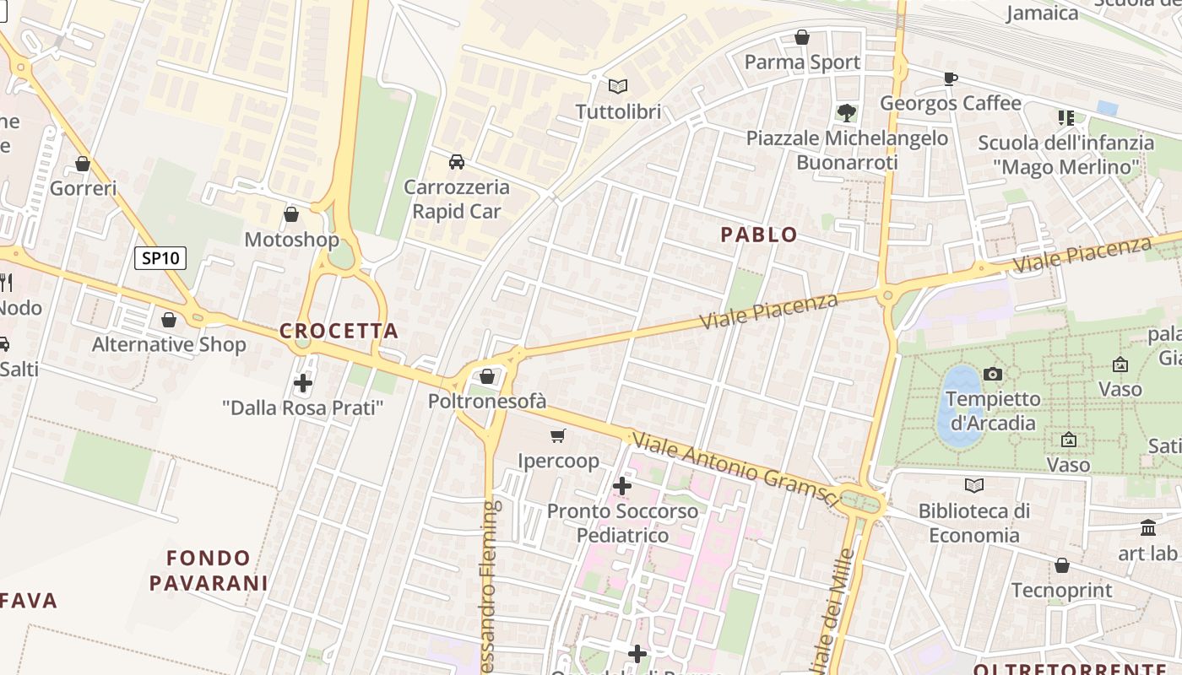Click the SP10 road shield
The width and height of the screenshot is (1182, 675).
coord(160,258)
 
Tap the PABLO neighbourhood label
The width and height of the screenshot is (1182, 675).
coord(759,235)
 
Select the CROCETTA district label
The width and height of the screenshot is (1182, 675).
coord(339,331)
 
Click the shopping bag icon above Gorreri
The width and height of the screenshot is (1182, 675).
coord(83,164)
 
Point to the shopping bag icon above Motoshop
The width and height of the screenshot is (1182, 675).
coord(291,214)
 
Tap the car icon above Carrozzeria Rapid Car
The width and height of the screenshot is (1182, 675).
coord(457,161)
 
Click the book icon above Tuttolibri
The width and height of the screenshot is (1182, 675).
coord(618,86)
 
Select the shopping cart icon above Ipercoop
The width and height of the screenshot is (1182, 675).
coord(557,435)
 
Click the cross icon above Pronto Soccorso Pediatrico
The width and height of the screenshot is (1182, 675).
coord(622,486)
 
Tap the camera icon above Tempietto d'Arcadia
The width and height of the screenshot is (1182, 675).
coord(993,374)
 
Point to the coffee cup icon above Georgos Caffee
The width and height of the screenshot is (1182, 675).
coord(950,78)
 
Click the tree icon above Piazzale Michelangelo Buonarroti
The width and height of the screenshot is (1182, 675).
coord(846,112)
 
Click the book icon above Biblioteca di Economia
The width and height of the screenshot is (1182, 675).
coord(974,485)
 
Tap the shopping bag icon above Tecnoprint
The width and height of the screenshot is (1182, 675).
coord(1062,564)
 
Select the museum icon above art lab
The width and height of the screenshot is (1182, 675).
coord(1148,528)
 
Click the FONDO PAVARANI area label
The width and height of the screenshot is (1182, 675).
coord(209,570)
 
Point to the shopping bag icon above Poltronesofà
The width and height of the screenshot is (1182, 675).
coord(487,376)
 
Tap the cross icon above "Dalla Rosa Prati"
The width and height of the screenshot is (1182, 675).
coord(303,383)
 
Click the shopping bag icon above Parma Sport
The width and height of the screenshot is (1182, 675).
coord(802,37)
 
